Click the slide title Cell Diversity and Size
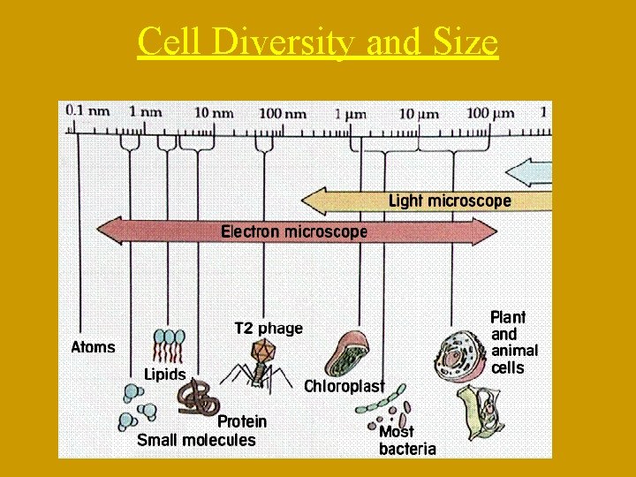[318, 42]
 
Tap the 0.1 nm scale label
[83, 112]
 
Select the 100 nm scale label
[283, 112]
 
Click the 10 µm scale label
[419, 112]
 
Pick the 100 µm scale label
[490, 112]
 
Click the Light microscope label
[450, 201]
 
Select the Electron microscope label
[294, 231]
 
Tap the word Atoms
[93, 347]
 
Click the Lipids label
[165, 374]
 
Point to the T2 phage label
[269, 328]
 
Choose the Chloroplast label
[344, 386]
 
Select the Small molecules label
[196, 440]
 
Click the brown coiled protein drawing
[201, 398]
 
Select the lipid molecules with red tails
[170, 346]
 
